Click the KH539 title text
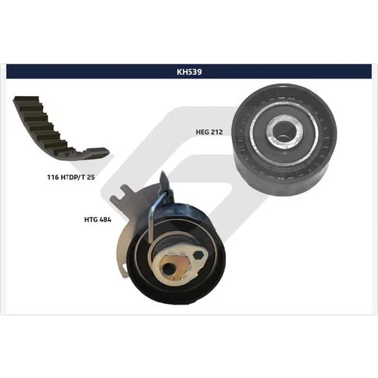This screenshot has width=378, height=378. (x=189, y=72)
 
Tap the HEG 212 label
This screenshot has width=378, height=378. (x=209, y=132)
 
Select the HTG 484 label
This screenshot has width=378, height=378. (x=98, y=219)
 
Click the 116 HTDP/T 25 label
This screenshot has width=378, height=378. (x=71, y=177)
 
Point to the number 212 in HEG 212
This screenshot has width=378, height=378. (x=216, y=132)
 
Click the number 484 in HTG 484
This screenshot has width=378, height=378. (x=105, y=219)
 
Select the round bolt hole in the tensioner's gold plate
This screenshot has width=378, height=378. (x=166, y=268)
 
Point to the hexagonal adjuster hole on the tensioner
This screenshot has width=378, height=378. (x=198, y=256)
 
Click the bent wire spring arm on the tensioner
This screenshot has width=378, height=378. (x=153, y=214)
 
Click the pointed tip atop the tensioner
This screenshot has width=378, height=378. (x=163, y=173)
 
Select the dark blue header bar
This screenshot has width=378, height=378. (x=189, y=72)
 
